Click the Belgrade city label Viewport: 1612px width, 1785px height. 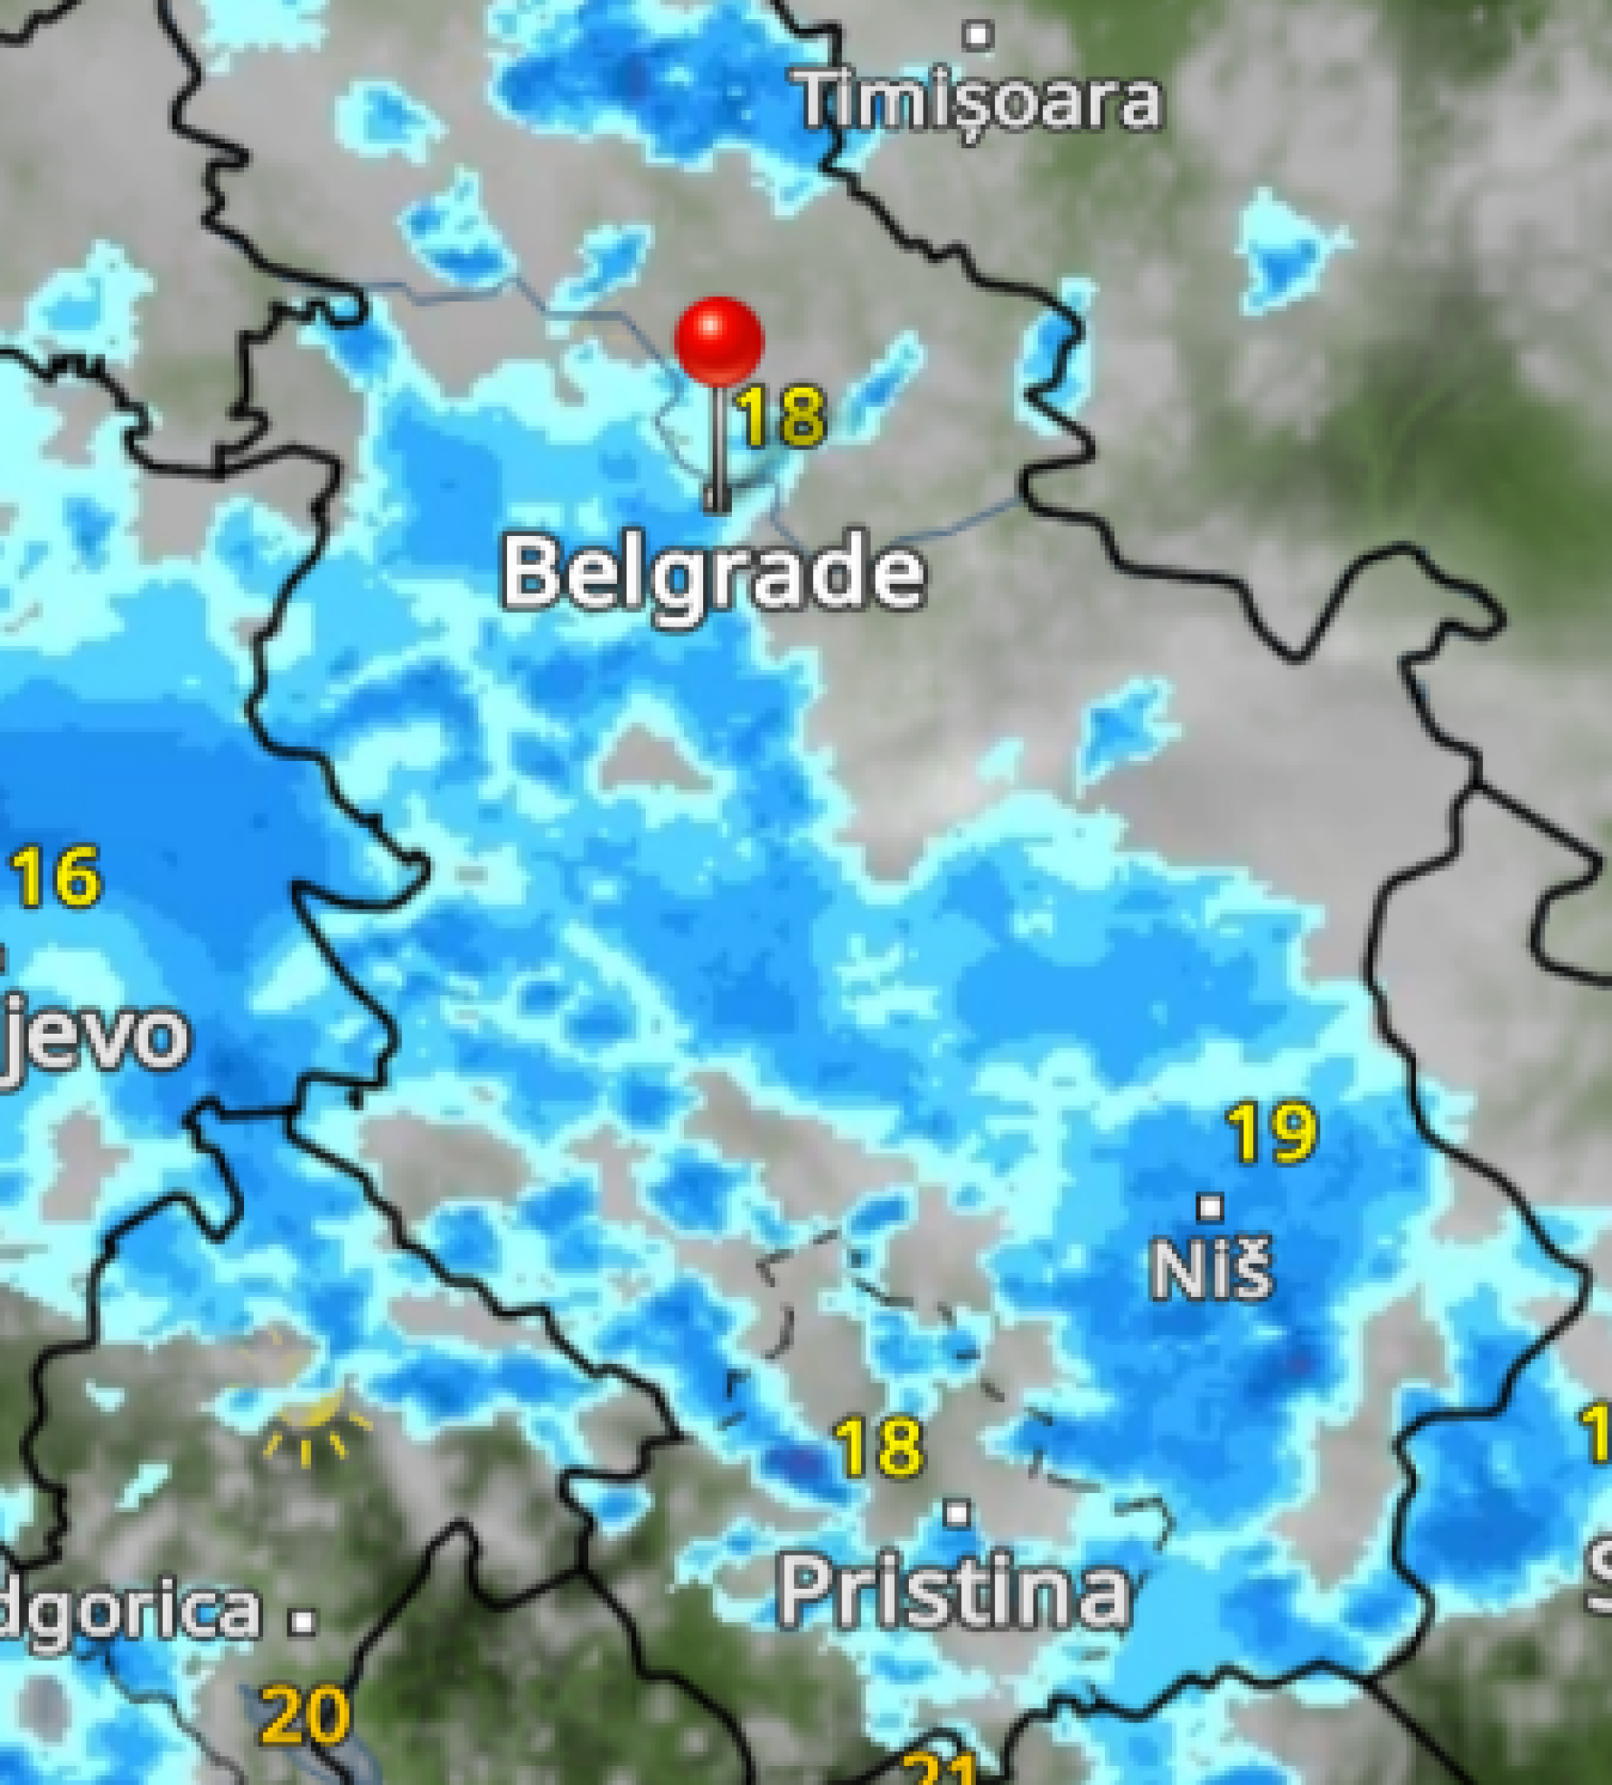(714, 575)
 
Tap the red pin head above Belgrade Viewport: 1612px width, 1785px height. (718, 340)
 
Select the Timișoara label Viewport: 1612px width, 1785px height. (979, 101)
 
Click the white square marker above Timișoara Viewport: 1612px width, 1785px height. (979, 37)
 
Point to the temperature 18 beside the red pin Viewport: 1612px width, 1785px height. (781, 416)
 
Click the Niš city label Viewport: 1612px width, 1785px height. (1211, 1269)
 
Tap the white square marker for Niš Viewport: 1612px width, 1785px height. (1210, 1206)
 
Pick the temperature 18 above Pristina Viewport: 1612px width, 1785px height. (879, 1448)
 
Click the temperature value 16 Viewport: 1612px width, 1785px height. (57, 877)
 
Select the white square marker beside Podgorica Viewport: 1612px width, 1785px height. (303, 1621)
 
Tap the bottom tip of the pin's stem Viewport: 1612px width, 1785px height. (716, 508)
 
